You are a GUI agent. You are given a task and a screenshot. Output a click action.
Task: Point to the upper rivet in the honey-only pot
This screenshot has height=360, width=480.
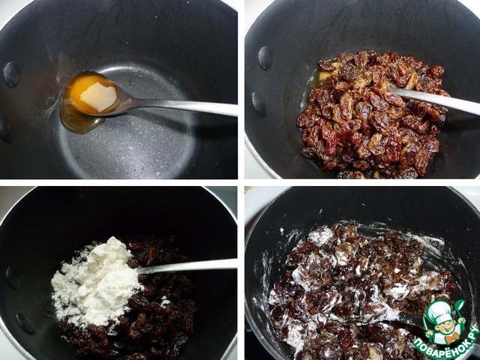pos(12,75)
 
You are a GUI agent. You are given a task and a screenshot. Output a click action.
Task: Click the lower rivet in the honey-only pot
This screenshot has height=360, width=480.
pos(5,128)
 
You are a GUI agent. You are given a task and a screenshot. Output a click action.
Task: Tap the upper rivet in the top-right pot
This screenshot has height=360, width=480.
pos(265,58)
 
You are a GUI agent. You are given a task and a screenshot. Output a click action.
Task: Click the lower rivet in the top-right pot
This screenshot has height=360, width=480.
pos(259,104)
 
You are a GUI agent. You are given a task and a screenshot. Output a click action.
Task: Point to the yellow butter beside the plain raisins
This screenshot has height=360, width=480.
pos(325,73)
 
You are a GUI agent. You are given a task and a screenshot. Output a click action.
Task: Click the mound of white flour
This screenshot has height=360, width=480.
pos(95,282)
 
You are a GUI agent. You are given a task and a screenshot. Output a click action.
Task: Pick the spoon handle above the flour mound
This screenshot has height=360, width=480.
pos(187,265)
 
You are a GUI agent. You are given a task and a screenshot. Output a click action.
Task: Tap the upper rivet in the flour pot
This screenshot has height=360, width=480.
pos(13,277)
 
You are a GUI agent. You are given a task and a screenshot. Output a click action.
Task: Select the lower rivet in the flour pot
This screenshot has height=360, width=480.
pos(25,323)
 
